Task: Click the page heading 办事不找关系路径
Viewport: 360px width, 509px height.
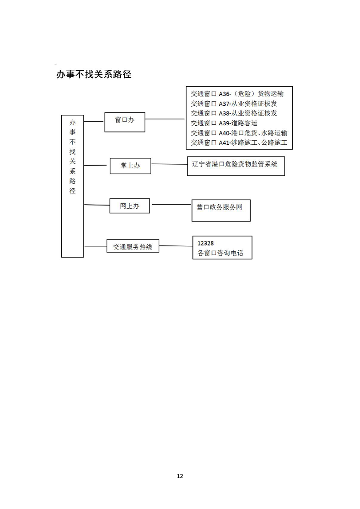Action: (94, 74)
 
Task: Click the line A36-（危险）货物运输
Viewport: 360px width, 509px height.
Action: (237, 94)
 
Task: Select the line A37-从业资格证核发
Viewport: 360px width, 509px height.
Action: (234, 103)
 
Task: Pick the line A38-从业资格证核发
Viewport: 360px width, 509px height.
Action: (234, 113)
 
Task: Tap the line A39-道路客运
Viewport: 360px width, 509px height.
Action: (224, 123)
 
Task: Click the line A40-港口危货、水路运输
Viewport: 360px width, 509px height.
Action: (239, 133)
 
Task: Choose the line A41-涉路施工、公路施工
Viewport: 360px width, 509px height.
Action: (239, 142)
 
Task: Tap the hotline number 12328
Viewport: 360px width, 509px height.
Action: (206, 243)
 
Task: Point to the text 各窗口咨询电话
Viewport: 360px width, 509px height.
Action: (220, 253)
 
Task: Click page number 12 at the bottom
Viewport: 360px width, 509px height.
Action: (180, 476)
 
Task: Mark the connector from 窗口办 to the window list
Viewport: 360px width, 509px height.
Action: (165, 119)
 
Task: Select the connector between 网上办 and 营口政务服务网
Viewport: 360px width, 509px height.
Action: (172, 205)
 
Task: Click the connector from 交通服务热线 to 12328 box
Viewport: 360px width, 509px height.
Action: (176, 246)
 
